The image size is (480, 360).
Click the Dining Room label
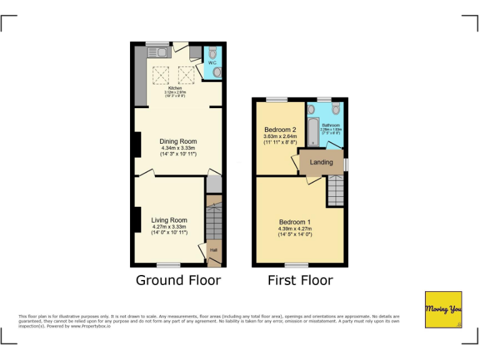point(178,142)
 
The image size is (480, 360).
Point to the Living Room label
point(169,220)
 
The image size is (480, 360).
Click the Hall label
point(214,250)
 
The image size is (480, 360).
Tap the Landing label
point(321,162)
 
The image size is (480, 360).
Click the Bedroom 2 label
point(279,130)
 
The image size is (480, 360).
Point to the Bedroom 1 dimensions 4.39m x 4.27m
point(294,229)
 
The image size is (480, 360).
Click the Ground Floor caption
point(178,280)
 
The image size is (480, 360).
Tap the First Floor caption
point(300,280)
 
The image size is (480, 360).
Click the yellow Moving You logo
point(443,309)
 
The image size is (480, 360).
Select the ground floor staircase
point(214,222)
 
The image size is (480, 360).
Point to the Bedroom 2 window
point(277,99)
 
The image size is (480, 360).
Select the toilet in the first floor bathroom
point(336,109)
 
